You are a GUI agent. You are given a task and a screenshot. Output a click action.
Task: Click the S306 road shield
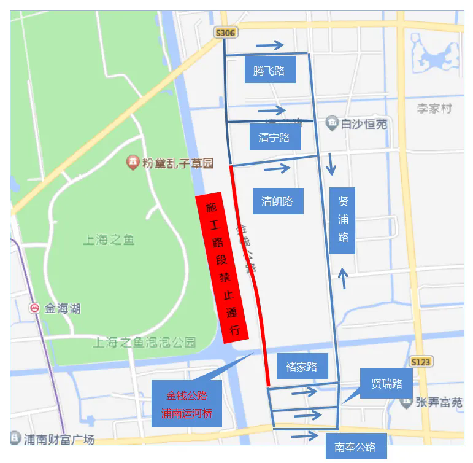pos(225,33)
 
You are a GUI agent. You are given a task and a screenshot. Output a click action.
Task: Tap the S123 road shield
pos(421,362)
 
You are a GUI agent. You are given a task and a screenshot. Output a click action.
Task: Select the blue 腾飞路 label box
pos(269,71)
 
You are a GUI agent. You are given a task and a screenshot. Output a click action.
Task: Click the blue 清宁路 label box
pos(274,138)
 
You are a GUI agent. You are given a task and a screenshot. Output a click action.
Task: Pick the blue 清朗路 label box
pos(277,201)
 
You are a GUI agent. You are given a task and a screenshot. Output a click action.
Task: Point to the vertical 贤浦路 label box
pos(342,220)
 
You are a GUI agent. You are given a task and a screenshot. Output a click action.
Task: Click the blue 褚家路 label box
pos(302,367)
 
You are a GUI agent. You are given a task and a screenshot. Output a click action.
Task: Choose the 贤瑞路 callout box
pos(386,384)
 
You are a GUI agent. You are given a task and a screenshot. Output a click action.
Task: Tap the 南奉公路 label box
pos(355,446)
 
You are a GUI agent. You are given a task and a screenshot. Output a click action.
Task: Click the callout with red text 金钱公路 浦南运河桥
pos(187,404)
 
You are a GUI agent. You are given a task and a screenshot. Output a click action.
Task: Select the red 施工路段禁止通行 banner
pos(221,268)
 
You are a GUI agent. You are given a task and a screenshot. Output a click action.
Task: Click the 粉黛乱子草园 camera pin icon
pos(132,163)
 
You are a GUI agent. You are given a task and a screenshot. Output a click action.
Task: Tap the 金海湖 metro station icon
pos(35,308)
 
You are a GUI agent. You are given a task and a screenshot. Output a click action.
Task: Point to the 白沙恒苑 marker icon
pos(331,123)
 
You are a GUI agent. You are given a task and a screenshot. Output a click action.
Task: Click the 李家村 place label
pos(434,109)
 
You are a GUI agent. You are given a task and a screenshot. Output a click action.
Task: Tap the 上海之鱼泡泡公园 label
pos(144,342)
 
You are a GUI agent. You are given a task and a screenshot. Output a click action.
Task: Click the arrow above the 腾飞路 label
pos(270,45)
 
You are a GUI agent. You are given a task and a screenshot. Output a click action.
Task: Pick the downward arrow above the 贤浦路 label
pos(331,164)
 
